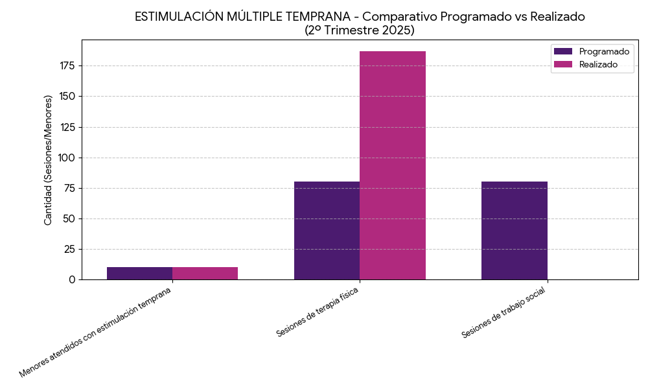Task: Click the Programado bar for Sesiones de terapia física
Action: click(x=327, y=230)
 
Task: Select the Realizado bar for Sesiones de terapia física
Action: click(x=393, y=165)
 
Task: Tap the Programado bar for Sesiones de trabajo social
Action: click(x=515, y=230)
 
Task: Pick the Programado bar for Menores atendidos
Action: click(x=139, y=273)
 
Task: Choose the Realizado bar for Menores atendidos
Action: click(x=205, y=273)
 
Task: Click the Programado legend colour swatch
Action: click(x=563, y=51)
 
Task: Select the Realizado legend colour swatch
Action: click(x=563, y=64)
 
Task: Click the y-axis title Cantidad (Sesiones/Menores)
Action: click(x=48, y=160)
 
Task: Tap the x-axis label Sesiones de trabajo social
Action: click(x=504, y=312)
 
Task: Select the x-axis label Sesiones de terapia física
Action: click(x=318, y=312)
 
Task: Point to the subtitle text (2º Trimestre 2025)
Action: click(x=360, y=30)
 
